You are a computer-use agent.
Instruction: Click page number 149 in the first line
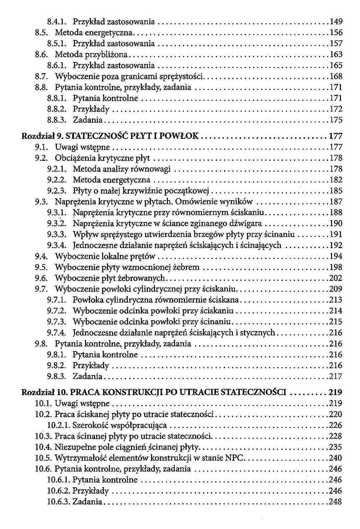point(336,22)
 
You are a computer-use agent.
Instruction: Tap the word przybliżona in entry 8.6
point(113,54)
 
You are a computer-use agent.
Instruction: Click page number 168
point(336,76)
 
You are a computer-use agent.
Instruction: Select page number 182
point(336,180)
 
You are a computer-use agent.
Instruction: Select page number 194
point(336,256)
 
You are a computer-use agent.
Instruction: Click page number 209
point(336,289)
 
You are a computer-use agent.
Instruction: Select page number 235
point(335,447)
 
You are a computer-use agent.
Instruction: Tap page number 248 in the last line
point(335,502)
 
